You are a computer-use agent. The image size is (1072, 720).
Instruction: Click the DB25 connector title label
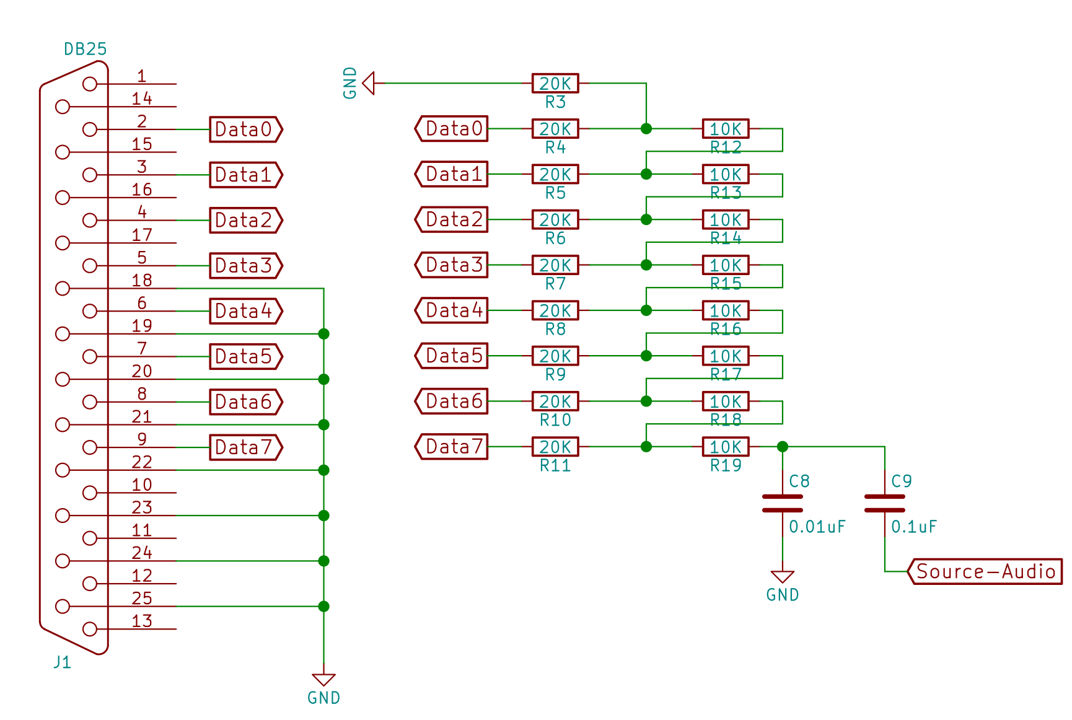coord(86,49)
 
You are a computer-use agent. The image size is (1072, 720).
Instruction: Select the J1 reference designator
coord(62,662)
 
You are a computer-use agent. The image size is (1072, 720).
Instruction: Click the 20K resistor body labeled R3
coord(555,83)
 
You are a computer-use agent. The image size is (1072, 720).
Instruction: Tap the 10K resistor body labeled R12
coord(725,129)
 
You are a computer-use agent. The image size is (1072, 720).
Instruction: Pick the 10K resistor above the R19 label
coord(725,447)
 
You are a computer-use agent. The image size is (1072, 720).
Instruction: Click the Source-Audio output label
coord(985,571)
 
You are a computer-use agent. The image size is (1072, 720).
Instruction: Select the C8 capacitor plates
coord(783,503)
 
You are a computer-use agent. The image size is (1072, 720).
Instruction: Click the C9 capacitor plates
coord(884,503)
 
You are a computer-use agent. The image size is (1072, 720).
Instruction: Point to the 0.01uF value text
coord(817,527)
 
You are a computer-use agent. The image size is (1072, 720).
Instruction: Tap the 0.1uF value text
coord(914,527)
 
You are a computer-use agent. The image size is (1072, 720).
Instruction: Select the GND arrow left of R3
coord(369,83)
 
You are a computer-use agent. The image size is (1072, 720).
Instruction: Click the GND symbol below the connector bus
coord(323,680)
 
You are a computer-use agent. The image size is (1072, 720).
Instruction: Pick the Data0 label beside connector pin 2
coord(245,130)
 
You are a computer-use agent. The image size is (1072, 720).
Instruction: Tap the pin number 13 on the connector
coord(142,621)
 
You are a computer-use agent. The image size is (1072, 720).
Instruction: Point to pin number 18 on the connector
coord(142,280)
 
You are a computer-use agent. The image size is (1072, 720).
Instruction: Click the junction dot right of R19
coord(783,447)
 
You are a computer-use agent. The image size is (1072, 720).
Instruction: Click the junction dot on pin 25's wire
coord(323,606)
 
